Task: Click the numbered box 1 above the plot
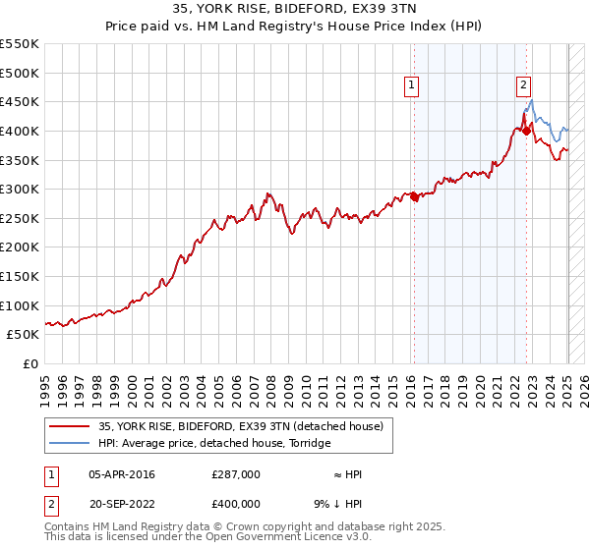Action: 410,86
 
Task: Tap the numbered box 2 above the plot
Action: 524,86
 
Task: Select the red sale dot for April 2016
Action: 414,196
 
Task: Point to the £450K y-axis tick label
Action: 20,102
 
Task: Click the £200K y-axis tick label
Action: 20,247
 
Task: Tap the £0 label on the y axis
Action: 29,363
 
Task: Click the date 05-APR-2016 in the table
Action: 122,474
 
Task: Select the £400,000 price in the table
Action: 236,503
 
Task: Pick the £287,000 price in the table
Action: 236,474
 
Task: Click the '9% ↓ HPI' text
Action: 339,503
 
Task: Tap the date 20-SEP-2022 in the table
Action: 122,503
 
